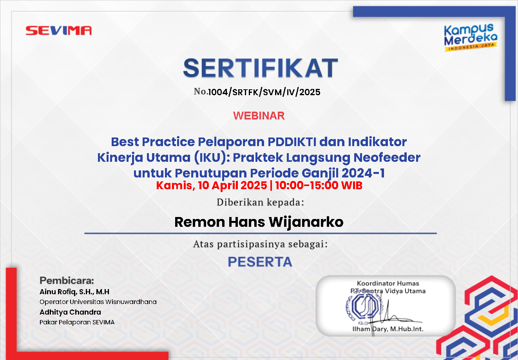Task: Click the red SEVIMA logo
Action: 58,31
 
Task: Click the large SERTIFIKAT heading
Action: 261,68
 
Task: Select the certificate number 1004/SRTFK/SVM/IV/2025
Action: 264,92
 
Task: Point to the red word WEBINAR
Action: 259,116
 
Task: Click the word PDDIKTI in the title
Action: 292,142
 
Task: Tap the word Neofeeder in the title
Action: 387,157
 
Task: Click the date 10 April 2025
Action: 232,185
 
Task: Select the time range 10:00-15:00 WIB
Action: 319,185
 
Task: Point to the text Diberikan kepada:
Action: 260,202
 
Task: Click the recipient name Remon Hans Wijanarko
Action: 259,222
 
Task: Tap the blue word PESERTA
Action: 260,262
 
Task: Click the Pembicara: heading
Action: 67,280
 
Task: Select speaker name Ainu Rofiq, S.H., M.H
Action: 74,292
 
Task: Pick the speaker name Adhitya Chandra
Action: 70,312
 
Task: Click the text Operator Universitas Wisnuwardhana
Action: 98,302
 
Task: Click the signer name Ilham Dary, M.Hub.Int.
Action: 388,329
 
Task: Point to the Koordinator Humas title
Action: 388,283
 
